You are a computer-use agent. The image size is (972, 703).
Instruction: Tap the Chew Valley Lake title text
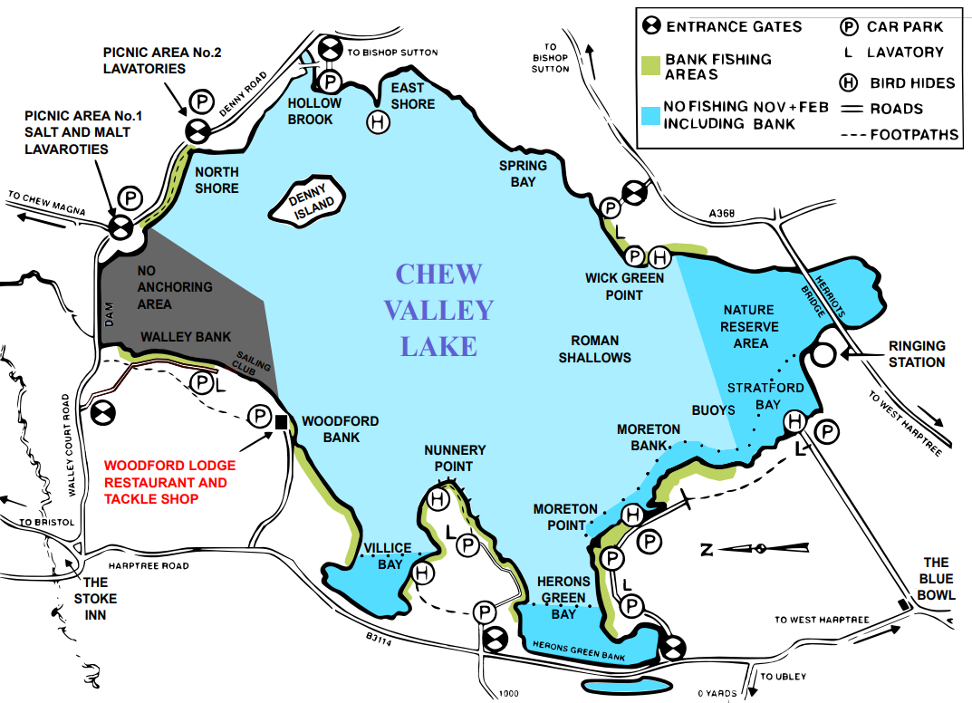click(x=438, y=310)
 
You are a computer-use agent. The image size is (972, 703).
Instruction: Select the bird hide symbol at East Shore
click(x=378, y=121)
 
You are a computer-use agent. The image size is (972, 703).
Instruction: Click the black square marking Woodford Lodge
click(x=281, y=421)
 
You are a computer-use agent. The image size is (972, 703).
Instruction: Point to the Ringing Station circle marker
click(x=823, y=354)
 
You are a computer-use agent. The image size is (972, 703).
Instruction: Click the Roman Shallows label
click(x=594, y=349)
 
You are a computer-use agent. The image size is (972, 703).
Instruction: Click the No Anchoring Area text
click(x=175, y=287)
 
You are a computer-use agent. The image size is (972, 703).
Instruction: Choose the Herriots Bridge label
click(x=825, y=293)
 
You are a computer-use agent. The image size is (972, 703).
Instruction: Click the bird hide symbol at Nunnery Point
click(x=439, y=498)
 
